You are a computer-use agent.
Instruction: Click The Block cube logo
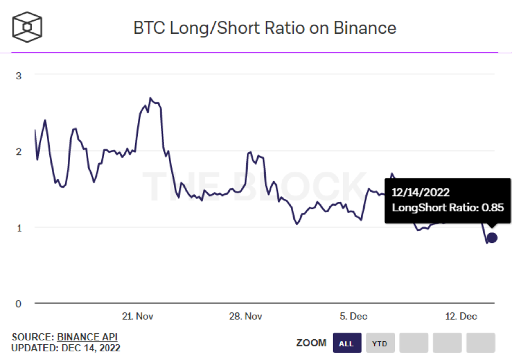[x=27, y=26]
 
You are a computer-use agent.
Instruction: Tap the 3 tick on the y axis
[x=19, y=76]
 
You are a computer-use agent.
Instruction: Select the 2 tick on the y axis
[x=19, y=152]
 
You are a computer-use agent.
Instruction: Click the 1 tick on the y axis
[x=19, y=228]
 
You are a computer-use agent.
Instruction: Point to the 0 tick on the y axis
[x=19, y=304]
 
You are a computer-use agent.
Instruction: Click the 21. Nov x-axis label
[x=137, y=316]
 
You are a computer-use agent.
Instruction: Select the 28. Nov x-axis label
[x=245, y=316]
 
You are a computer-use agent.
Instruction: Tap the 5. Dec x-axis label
[x=353, y=316]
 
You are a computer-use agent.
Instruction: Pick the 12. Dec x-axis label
[x=461, y=316]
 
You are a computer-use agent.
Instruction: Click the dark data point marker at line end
[x=492, y=237]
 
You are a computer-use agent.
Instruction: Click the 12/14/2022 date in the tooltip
[x=421, y=193]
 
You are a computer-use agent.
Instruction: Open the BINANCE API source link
[x=87, y=337]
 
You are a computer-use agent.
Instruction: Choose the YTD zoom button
[x=380, y=344]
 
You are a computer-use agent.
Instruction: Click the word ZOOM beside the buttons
[x=311, y=343]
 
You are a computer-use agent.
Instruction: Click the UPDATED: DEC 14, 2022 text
[x=66, y=348]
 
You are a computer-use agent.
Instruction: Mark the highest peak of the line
[x=150, y=98]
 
